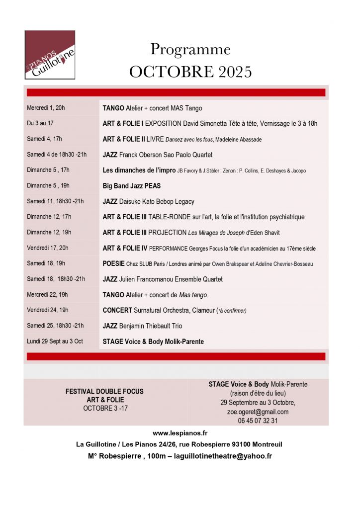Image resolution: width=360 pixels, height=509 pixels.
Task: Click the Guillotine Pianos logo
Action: [x=50, y=55]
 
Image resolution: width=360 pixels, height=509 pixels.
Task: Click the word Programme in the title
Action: [x=190, y=50]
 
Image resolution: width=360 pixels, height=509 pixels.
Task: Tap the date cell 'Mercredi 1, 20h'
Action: [x=46, y=108]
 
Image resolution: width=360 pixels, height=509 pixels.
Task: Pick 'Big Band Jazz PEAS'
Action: [x=131, y=186]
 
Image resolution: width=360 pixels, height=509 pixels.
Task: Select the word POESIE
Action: [x=113, y=264]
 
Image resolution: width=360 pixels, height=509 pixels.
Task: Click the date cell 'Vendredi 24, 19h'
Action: [x=48, y=310]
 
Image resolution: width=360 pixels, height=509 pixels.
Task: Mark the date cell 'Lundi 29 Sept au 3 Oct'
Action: [x=55, y=341]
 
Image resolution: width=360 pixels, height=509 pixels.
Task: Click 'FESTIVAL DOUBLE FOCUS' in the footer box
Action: [x=104, y=392]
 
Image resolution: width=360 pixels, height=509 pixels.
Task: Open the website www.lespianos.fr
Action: [x=180, y=433]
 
